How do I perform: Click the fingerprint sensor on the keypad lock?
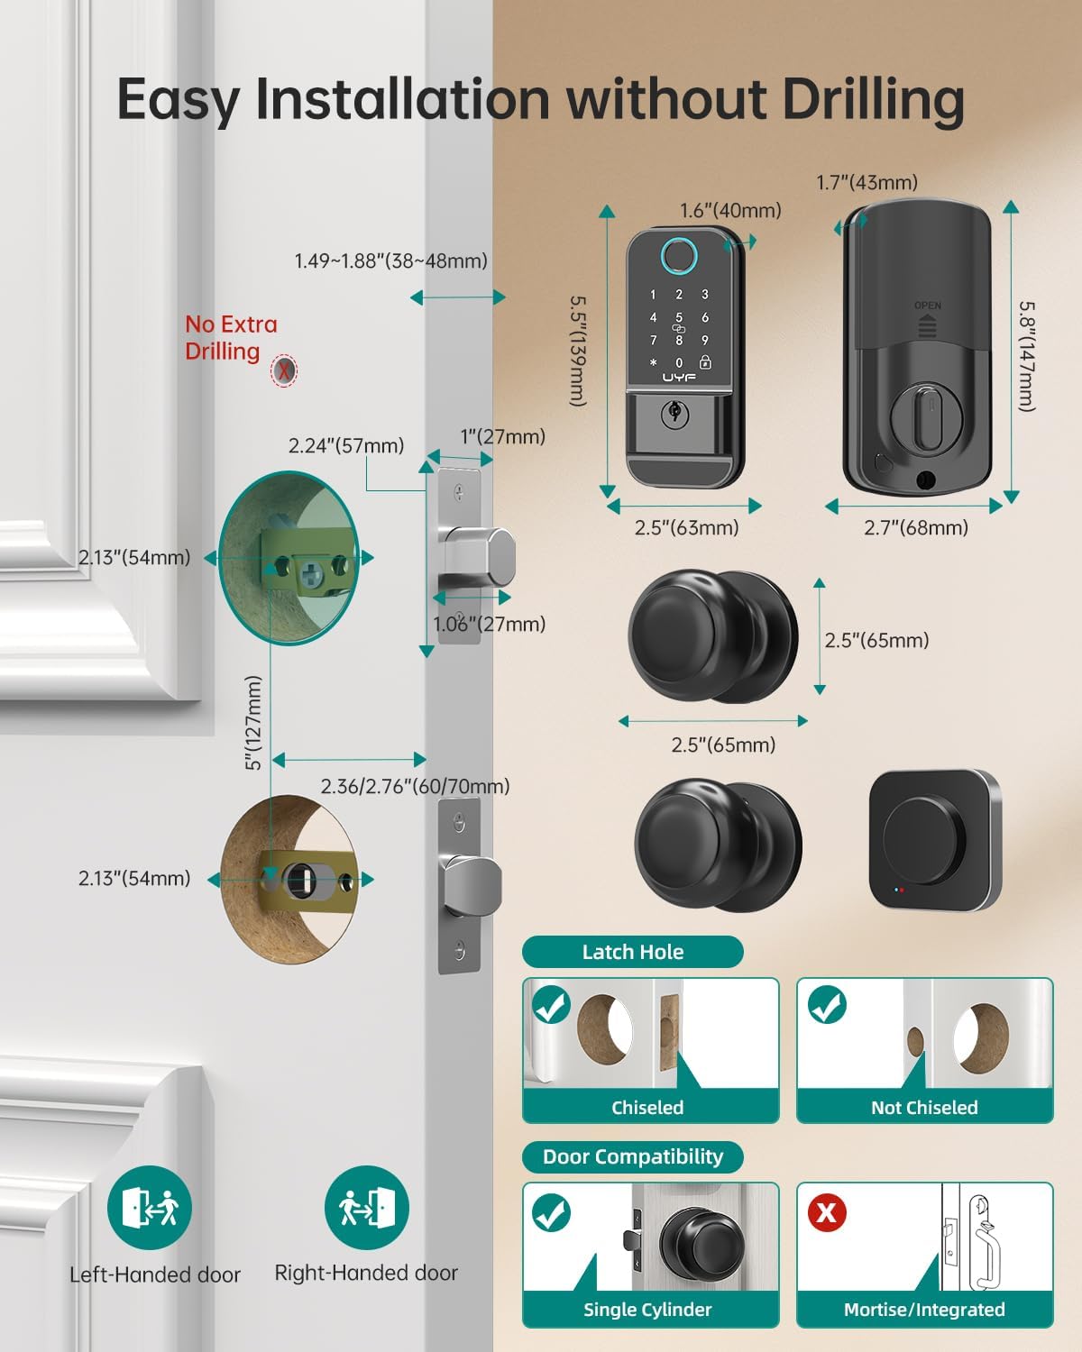679,258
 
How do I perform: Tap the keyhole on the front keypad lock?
673,414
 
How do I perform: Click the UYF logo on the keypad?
679,378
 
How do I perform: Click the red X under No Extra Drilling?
284,370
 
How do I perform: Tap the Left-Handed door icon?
150,1208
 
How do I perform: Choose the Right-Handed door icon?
366,1208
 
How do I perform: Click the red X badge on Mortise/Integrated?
826,1212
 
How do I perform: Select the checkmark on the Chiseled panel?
551,1006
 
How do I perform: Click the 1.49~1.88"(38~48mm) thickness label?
390,261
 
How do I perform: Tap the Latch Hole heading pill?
632,952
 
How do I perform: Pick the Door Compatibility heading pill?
632,1156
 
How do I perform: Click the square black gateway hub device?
934,840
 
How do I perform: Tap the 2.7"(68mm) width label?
915,528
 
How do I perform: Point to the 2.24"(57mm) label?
346,445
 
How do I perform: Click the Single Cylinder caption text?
647,1310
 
